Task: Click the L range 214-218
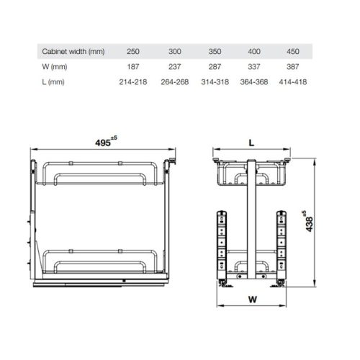134,82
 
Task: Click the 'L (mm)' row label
54,82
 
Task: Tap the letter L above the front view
252,143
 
